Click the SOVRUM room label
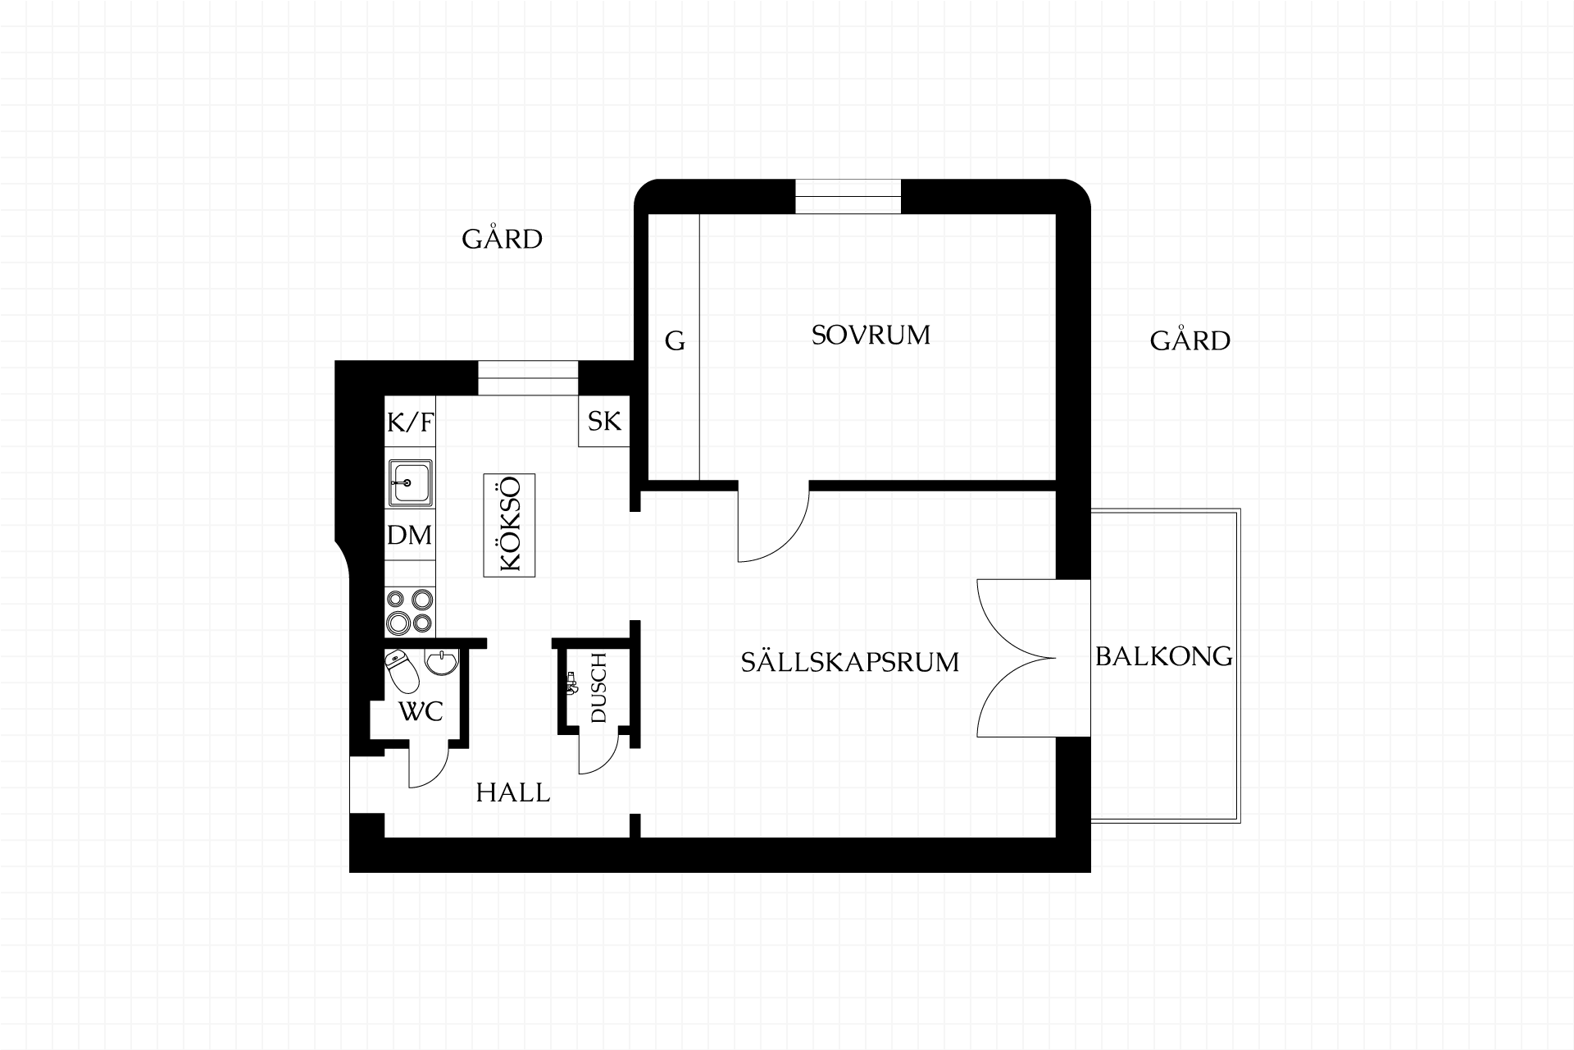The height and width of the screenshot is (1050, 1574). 871,335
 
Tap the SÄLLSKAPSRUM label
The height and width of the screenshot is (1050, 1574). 850,661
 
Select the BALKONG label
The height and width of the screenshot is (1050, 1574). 1164,656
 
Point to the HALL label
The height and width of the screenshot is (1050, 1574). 513,792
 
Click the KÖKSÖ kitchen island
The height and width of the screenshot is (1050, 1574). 509,525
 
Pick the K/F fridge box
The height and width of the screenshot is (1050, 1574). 410,422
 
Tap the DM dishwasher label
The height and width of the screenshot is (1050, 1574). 410,536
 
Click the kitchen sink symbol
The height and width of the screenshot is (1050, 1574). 410,482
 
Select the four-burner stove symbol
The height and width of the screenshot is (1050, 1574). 410,612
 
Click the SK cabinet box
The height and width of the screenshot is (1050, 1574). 604,422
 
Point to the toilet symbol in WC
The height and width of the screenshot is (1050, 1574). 402,671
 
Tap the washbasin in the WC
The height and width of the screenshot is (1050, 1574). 443,662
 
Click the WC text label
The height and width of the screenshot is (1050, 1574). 421,711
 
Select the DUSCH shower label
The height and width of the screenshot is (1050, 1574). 598,688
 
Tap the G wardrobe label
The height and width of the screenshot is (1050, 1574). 675,340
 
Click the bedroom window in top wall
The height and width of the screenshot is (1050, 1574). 848,197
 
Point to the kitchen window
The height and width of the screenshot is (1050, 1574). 529,378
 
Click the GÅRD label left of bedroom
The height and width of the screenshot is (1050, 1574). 503,239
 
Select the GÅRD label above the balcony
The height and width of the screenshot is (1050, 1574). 1190,340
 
